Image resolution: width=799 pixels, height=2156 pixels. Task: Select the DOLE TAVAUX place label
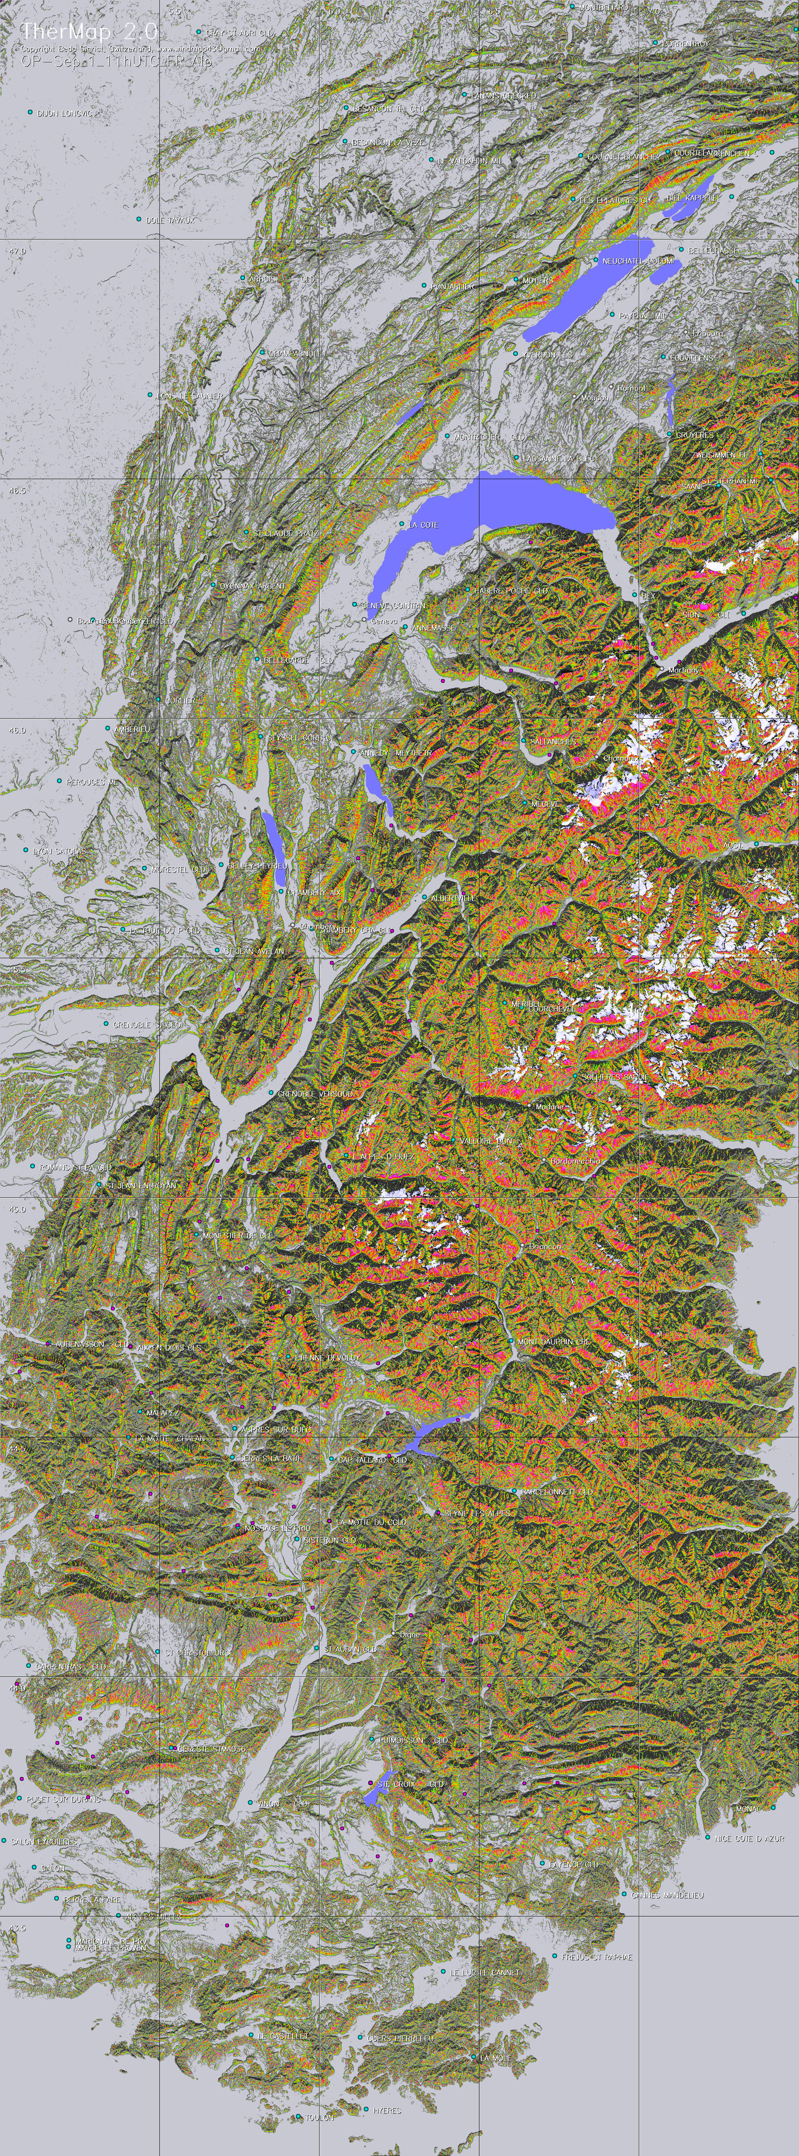[x=170, y=220]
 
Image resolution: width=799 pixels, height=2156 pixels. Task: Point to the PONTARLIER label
[x=453, y=286]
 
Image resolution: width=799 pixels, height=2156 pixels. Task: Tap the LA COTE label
[x=423, y=525]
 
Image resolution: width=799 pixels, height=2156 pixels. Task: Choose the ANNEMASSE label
[x=433, y=627]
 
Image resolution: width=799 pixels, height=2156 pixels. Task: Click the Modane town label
[x=549, y=1106]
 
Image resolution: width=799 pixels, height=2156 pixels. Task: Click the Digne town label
[x=409, y=1634]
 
